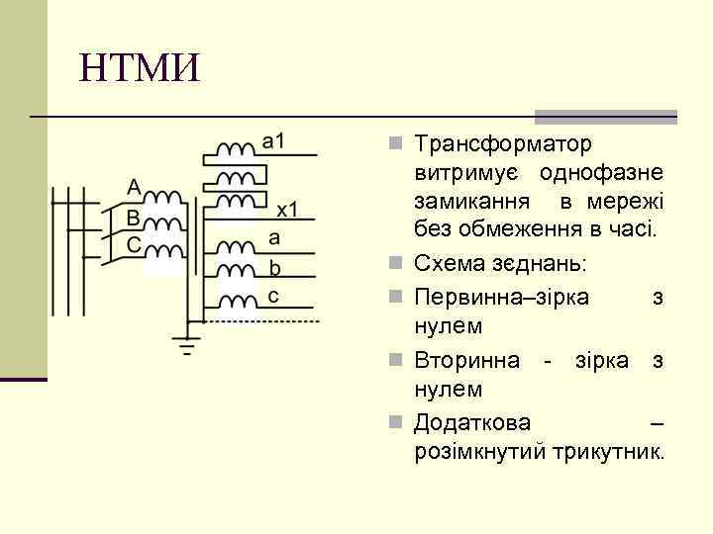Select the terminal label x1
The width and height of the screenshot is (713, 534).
(x=288, y=210)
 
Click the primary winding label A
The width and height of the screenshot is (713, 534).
(x=134, y=186)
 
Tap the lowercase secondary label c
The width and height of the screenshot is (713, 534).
(x=273, y=296)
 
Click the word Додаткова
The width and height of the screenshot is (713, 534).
(x=472, y=423)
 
